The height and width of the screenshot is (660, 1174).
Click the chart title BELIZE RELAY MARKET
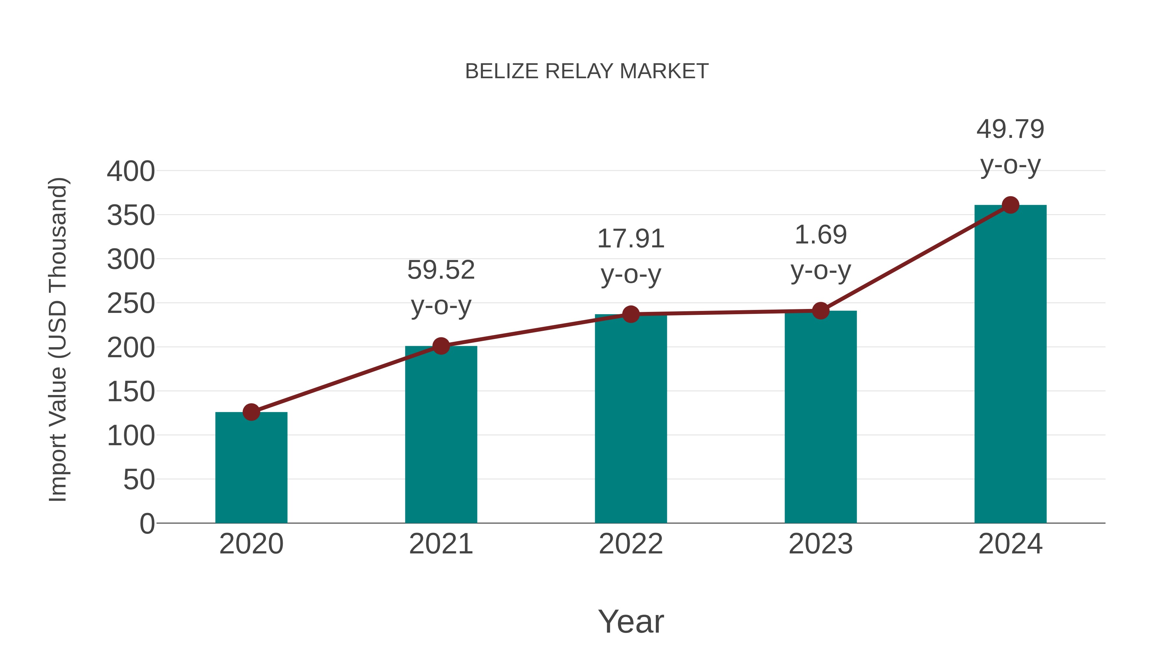(x=587, y=71)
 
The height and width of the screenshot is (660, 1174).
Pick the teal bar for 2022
(x=630, y=419)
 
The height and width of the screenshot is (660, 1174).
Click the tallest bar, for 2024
(x=1010, y=364)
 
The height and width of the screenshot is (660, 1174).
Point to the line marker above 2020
(x=251, y=412)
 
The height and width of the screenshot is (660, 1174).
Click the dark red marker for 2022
(x=630, y=314)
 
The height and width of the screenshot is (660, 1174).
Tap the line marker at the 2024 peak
(x=1010, y=205)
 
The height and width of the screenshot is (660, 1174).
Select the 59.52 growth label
(x=441, y=270)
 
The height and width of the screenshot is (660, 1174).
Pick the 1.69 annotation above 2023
(x=820, y=235)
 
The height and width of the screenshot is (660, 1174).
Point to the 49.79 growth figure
(x=1010, y=129)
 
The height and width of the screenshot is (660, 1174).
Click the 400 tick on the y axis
(x=131, y=172)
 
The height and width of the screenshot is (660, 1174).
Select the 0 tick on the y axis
(x=147, y=524)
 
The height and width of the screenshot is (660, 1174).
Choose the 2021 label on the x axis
(x=441, y=544)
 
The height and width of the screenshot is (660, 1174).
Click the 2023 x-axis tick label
(x=820, y=544)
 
